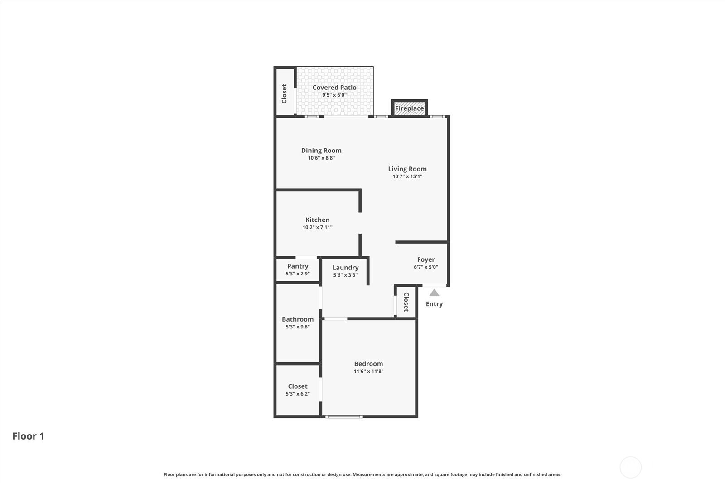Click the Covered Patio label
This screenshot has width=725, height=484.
click(334, 88)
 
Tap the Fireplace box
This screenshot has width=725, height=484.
click(410, 108)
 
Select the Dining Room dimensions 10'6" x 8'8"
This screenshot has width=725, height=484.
click(321, 158)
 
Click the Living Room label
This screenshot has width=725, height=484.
click(407, 169)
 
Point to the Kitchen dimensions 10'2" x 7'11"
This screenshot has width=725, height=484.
click(317, 227)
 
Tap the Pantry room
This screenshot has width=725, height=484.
click(298, 269)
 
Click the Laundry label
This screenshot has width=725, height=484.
click(345, 268)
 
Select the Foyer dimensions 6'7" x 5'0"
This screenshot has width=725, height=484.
click(426, 267)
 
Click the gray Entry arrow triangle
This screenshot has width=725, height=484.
click(434, 293)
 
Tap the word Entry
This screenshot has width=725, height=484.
click(434, 304)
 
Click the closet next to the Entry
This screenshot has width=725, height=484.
click(406, 302)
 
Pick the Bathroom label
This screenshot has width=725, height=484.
click(298, 319)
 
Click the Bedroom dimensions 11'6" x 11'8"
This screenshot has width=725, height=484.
click(368, 371)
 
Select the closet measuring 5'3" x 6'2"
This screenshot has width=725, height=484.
click(298, 390)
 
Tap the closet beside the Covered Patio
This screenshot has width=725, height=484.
click(285, 93)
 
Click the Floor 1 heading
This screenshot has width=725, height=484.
click(28, 436)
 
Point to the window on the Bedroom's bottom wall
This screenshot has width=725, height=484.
click(344, 416)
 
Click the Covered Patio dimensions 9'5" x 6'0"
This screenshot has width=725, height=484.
click(334, 95)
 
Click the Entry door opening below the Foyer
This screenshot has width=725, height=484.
click(435, 285)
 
